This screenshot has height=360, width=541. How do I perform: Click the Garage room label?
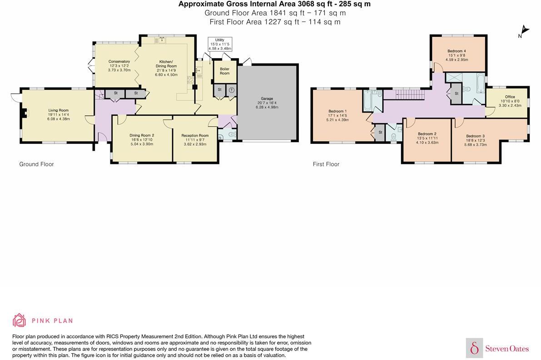tap(267, 99)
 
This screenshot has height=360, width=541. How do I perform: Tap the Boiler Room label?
tap(225, 71)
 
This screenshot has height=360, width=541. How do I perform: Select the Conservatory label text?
tap(119, 61)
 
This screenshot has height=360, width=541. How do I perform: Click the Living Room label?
tap(59, 110)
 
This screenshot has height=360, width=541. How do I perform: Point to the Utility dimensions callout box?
tap(220, 44)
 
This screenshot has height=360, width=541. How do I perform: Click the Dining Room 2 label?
tap(142, 135)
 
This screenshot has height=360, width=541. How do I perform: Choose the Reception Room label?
tap(195, 135)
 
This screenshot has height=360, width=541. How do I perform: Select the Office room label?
tap(510, 97)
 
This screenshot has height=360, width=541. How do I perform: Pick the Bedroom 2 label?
tap(427, 134)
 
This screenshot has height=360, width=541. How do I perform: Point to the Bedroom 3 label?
tap(476, 136)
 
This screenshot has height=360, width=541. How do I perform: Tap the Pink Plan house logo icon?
tap(19, 321)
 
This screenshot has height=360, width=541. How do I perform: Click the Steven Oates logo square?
tap(474, 348)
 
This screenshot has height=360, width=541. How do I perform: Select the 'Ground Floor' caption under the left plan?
tap(36, 164)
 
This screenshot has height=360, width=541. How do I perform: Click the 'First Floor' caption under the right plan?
tap(326, 164)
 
